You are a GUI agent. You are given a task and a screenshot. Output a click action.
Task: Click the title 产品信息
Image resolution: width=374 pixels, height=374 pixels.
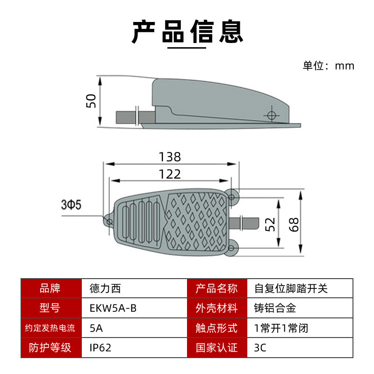coord(187,32)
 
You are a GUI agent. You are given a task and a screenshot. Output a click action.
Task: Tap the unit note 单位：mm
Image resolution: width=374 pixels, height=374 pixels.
coord(328,66)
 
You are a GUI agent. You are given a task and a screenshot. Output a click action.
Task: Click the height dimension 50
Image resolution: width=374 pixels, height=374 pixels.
coord(92,101)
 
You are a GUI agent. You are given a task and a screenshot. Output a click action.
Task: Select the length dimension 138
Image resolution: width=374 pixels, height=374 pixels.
coord(170,157)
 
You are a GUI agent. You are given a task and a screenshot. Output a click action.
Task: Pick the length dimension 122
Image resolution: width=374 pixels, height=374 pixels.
coord(170,174)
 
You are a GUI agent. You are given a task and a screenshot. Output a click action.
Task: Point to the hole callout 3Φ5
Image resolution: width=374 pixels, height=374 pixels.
coord(71,205)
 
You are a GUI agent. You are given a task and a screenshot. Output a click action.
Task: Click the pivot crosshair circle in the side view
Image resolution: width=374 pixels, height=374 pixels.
coord(271,114)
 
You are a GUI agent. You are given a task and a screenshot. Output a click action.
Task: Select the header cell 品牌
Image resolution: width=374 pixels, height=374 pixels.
coord(51,288)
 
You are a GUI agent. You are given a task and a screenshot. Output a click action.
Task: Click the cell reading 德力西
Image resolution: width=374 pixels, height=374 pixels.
coord(104,288)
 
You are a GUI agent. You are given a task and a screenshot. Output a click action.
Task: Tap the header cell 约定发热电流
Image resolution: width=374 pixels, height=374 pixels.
coord(51,328)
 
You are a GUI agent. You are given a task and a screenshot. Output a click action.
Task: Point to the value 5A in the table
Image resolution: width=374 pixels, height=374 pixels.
coord(96,328)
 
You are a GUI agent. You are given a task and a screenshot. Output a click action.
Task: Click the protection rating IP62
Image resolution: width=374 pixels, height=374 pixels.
coord(100,348)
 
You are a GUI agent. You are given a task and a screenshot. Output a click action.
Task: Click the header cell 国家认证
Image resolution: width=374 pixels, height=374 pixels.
coord(217,348)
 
